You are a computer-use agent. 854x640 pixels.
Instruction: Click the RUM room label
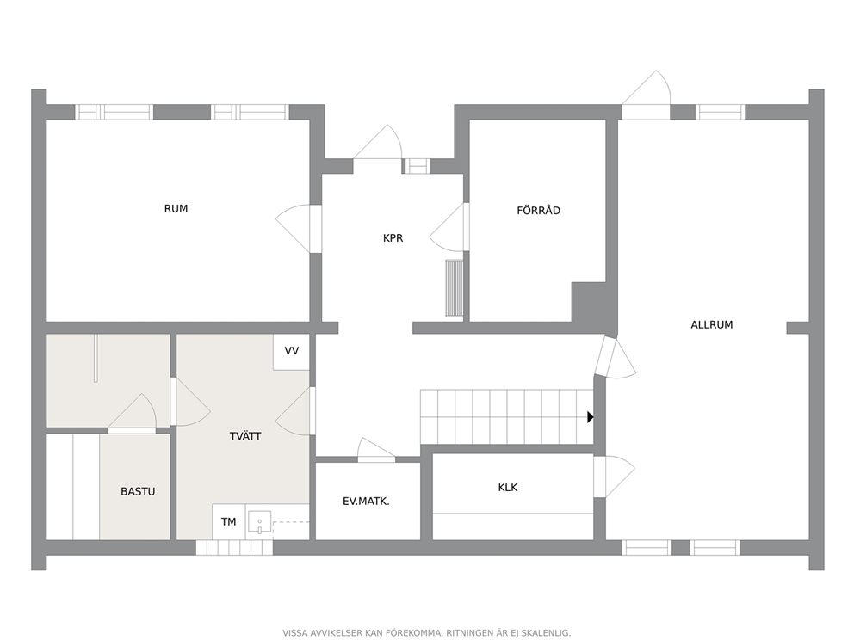click(176, 209)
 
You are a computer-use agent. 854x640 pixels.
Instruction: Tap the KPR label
click(393, 238)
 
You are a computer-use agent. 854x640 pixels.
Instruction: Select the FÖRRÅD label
click(538, 210)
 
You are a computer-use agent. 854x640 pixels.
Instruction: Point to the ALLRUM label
click(711, 325)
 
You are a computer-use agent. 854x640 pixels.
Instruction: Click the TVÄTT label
click(245, 436)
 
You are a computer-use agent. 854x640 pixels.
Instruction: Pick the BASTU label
click(138, 491)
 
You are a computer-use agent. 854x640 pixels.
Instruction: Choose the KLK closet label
click(508, 488)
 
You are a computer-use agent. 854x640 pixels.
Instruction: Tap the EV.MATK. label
click(366, 502)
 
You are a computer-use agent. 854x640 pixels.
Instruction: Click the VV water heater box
click(291, 352)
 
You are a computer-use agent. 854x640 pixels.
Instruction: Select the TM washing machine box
click(229, 522)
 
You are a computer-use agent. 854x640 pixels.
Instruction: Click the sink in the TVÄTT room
click(260, 522)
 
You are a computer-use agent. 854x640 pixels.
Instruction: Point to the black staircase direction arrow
click(591, 417)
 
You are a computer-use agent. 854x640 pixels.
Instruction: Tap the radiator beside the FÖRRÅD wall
click(455, 288)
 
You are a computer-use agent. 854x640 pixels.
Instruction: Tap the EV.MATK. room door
click(376, 450)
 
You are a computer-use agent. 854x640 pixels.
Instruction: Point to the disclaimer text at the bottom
click(426, 633)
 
